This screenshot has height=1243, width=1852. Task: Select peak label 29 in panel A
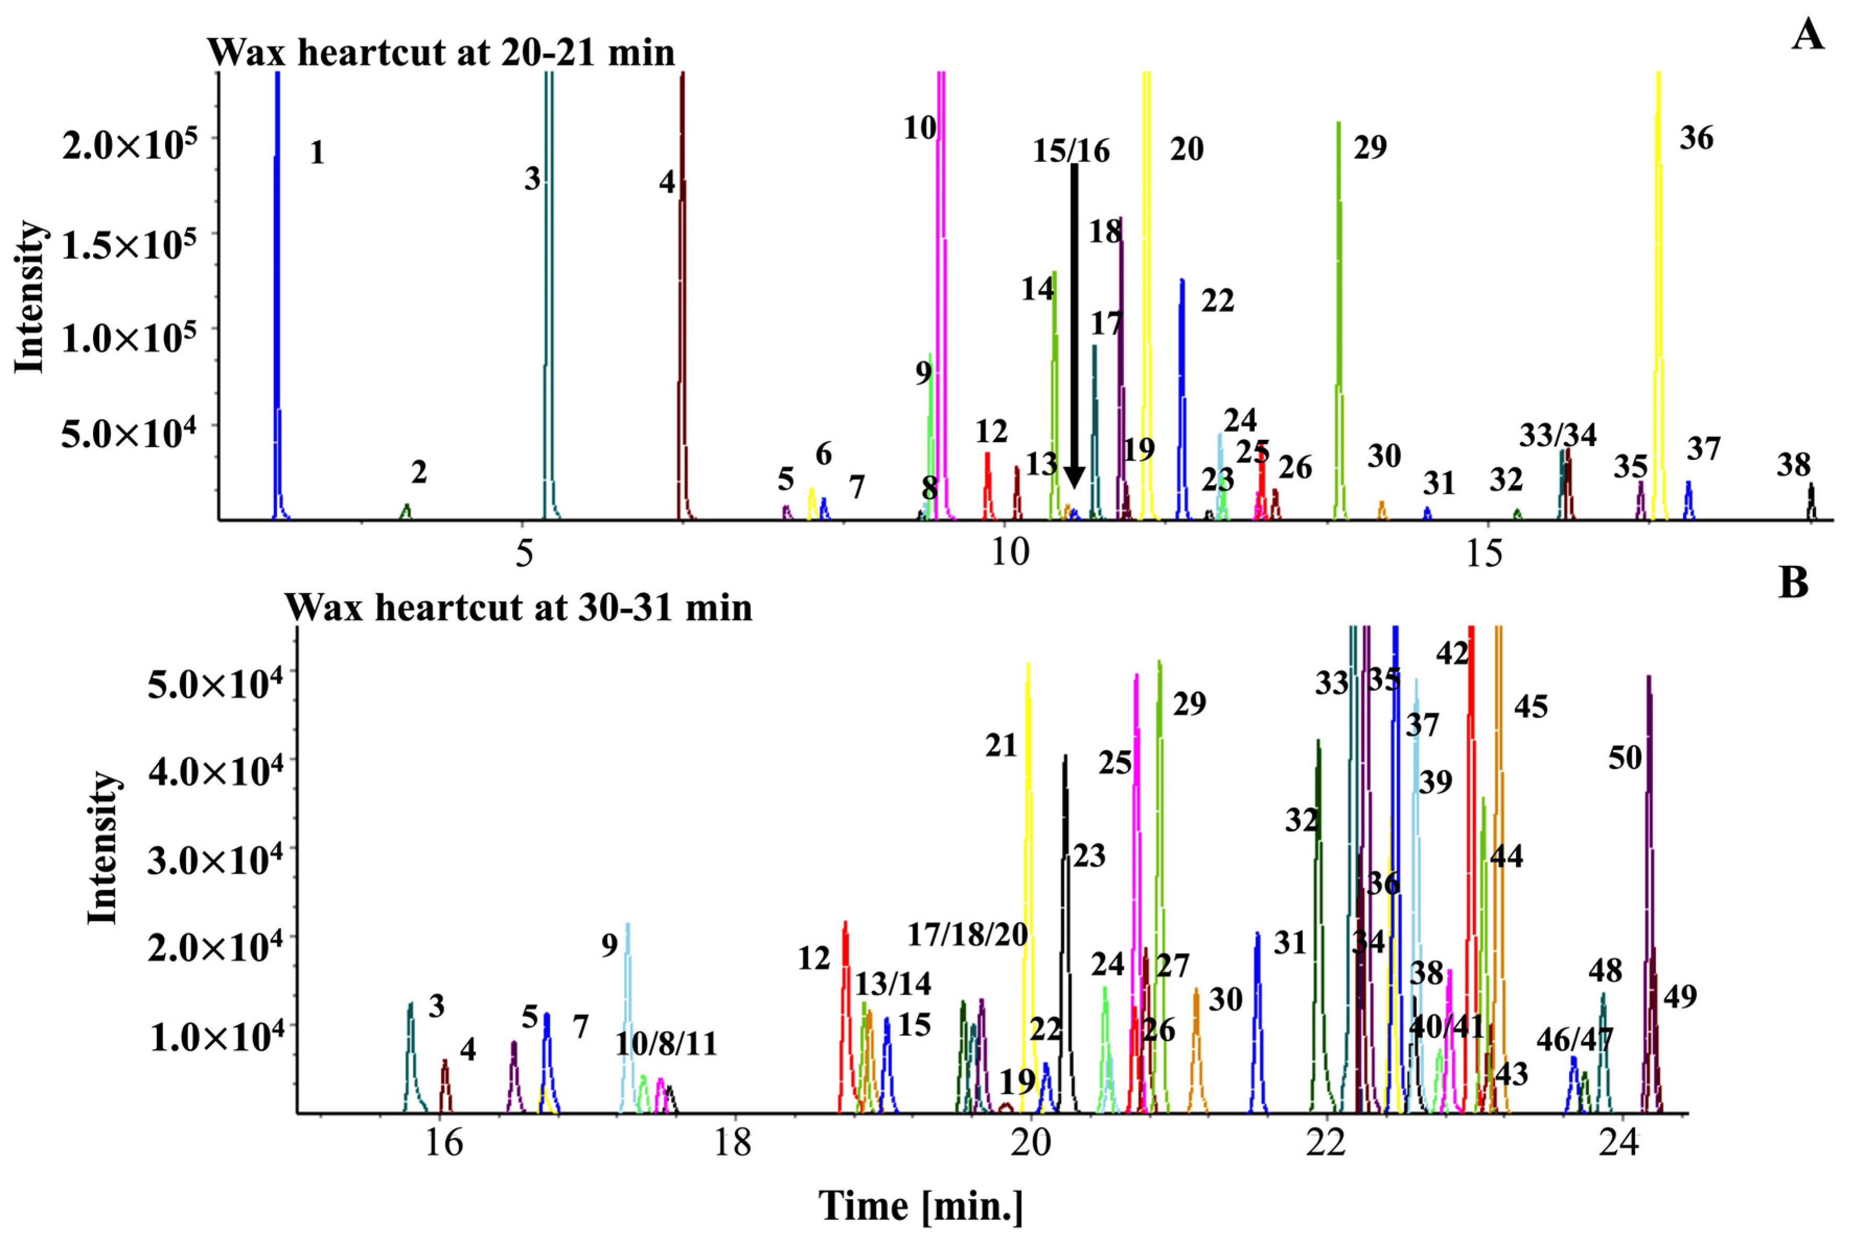(x=1370, y=147)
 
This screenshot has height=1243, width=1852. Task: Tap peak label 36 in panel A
(x=1696, y=138)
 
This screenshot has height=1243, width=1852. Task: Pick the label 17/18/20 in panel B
(x=967, y=935)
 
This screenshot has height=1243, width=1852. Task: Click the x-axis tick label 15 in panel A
(x=1484, y=553)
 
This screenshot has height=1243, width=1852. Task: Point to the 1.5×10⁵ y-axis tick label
(x=129, y=245)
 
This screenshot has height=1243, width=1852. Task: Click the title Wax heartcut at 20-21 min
(x=441, y=52)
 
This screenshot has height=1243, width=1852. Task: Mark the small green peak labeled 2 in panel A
(x=406, y=512)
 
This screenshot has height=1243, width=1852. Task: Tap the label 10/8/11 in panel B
(x=666, y=1044)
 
